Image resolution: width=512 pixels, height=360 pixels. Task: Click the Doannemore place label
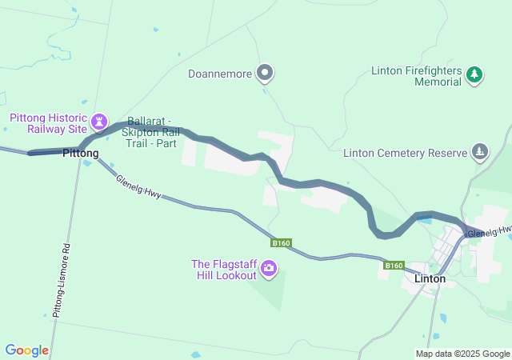(x=220, y=74)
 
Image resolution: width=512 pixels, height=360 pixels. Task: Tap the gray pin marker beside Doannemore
(x=266, y=74)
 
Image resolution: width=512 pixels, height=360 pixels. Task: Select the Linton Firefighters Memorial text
(x=417, y=76)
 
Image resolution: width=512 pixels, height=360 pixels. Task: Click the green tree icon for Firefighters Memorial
(x=475, y=74)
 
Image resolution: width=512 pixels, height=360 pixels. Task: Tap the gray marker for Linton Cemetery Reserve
(x=479, y=151)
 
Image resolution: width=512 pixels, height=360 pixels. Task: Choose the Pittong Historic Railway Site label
(x=48, y=123)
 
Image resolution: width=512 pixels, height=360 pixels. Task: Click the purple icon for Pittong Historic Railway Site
(x=99, y=122)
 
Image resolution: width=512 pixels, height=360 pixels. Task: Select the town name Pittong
(x=81, y=153)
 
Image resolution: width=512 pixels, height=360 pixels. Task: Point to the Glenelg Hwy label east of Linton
(x=489, y=232)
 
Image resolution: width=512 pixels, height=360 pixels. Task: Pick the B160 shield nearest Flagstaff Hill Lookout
(x=280, y=243)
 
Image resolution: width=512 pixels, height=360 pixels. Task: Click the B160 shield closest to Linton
(x=393, y=266)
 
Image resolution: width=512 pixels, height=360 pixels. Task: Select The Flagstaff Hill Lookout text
(x=225, y=270)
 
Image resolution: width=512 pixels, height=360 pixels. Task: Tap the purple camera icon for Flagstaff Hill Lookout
(x=269, y=269)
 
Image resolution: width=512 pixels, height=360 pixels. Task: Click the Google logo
(x=26, y=350)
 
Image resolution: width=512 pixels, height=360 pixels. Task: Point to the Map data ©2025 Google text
(x=462, y=354)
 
